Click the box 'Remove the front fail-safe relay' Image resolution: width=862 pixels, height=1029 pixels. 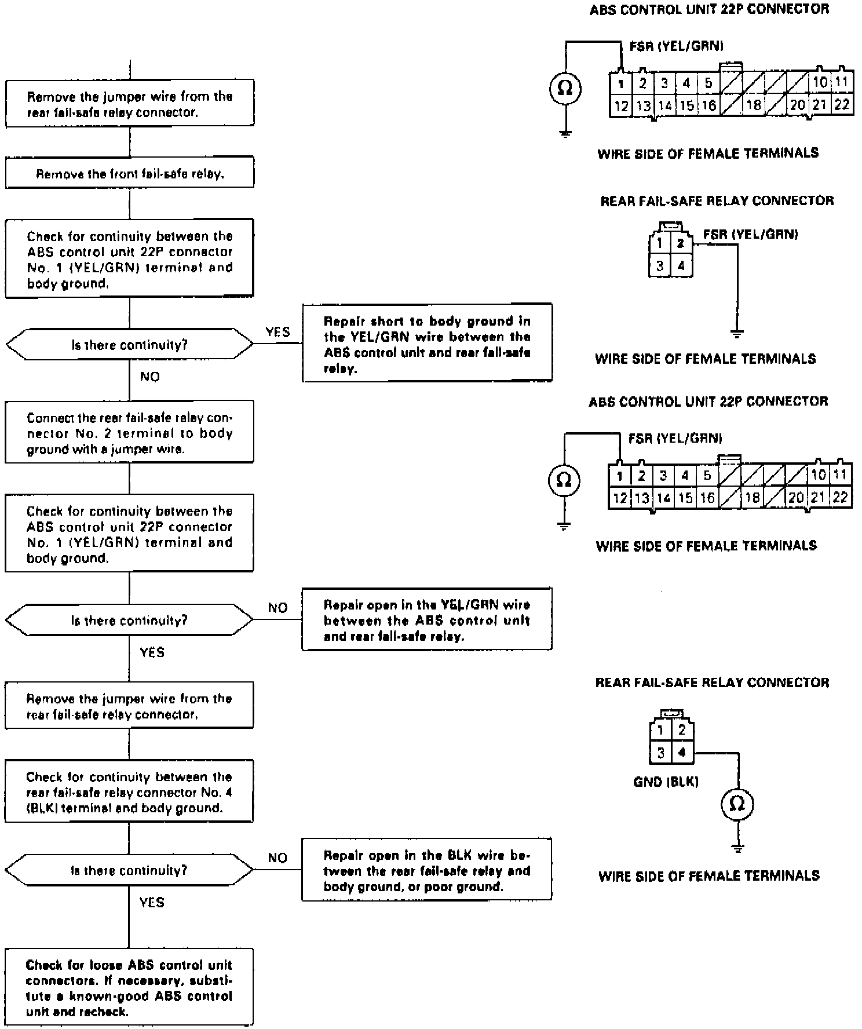tap(130, 173)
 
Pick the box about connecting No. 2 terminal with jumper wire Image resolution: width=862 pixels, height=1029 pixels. tap(129, 433)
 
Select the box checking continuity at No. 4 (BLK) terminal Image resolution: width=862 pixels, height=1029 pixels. tap(129, 792)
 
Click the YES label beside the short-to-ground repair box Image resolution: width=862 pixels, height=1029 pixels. tap(277, 332)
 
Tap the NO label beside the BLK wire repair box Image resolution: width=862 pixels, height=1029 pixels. tap(277, 857)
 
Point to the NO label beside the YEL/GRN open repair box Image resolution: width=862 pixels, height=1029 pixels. tap(277, 607)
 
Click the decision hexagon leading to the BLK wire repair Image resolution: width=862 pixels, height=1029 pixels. tap(129, 870)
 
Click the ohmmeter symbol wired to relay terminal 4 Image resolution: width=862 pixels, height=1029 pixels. tap(737, 804)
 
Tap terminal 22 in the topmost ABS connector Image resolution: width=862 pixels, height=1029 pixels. tap(841, 105)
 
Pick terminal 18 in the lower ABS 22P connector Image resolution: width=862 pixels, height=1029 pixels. tap(752, 497)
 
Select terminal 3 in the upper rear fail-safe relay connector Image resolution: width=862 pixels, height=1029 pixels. tap(659, 266)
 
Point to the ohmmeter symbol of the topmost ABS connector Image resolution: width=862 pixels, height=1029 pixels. tap(565, 88)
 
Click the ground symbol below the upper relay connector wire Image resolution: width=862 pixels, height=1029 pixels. tap(737, 334)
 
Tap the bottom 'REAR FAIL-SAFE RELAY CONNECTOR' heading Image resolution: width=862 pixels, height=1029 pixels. tap(712, 683)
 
